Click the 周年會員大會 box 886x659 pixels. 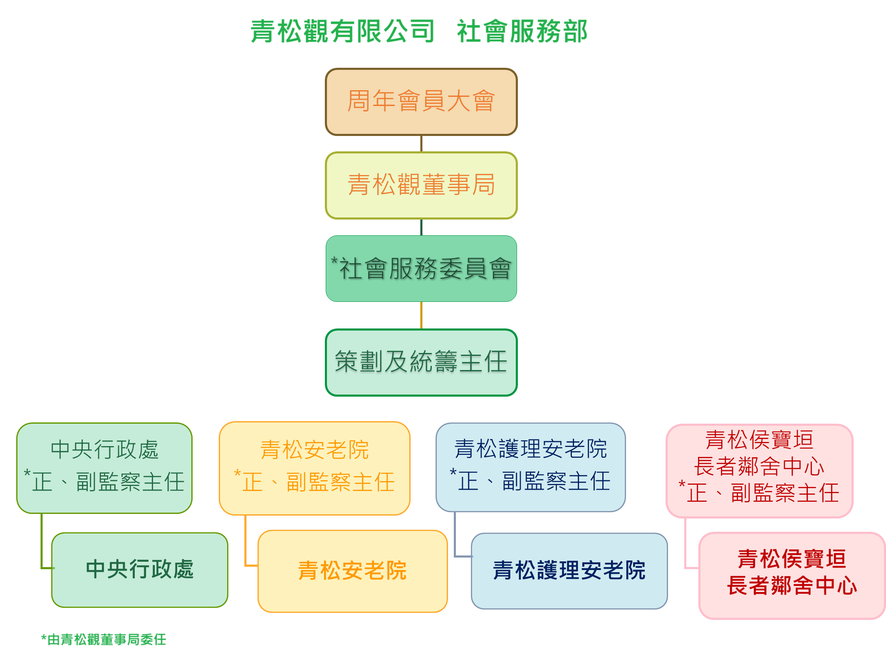pyautogui.click(x=421, y=102)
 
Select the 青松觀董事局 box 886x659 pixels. pyautogui.click(x=421, y=185)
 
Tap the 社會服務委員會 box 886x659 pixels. pyautogui.click(x=421, y=269)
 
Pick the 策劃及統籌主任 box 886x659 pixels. pyautogui.click(x=421, y=362)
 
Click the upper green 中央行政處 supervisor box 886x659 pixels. pyautogui.click(x=104, y=468)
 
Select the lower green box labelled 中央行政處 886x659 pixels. pyautogui.click(x=140, y=570)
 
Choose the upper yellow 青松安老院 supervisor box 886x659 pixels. pyautogui.click(x=314, y=468)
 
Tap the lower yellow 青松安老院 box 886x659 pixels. pyautogui.click(x=352, y=571)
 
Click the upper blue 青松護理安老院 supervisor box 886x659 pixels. pyautogui.click(x=530, y=467)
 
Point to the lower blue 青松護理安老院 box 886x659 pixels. pyautogui.click(x=569, y=571)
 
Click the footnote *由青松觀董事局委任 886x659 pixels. pyautogui.click(x=104, y=639)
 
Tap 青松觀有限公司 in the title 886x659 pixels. pyautogui.click(x=342, y=32)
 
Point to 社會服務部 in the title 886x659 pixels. pyautogui.click(x=522, y=32)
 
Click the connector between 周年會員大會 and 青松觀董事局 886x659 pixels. pyautogui.click(x=421, y=143)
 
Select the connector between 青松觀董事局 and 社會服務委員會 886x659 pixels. pyautogui.click(x=421, y=227)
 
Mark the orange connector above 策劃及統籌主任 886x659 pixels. pyautogui.click(x=421, y=315)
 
